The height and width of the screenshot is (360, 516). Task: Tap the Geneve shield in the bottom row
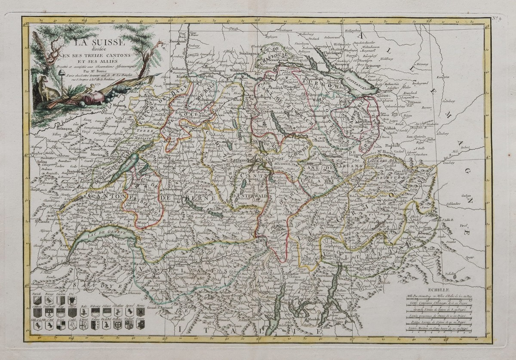tap(140, 326)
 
